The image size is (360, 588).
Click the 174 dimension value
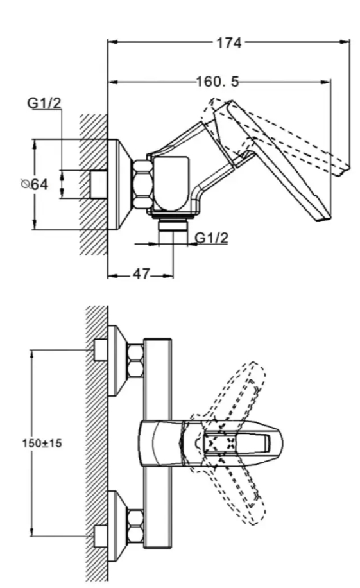(x=229, y=42)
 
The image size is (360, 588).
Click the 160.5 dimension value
(x=218, y=82)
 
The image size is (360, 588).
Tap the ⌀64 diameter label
(x=35, y=184)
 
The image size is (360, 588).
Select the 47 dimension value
(x=141, y=273)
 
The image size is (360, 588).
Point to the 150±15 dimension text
(x=42, y=443)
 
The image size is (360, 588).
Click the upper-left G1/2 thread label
(x=44, y=103)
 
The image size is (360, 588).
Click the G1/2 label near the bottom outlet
(x=212, y=238)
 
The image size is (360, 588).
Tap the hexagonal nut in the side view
(x=142, y=184)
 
